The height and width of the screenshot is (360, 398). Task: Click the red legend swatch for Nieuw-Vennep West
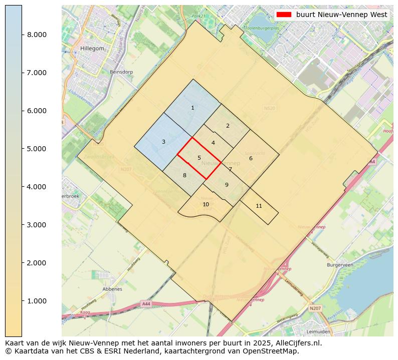[284, 15]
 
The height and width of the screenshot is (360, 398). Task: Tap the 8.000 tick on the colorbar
[22, 35]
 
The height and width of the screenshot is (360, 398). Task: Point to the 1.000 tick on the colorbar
[22, 301]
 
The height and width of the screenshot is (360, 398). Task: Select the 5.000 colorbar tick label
[37, 149]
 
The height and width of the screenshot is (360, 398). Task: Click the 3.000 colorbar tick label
[37, 225]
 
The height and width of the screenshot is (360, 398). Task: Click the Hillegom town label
[91, 49]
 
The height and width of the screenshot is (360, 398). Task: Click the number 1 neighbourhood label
[192, 108]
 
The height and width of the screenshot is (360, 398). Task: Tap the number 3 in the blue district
[163, 142]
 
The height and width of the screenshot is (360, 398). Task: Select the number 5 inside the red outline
[199, 158]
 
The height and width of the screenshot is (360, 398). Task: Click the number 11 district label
[259, 206]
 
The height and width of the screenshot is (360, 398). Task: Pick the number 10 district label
[206, 204]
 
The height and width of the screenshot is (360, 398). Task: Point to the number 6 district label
[251, 159]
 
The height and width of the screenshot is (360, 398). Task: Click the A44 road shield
[146, 304]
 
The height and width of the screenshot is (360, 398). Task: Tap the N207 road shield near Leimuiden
[315, 308]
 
